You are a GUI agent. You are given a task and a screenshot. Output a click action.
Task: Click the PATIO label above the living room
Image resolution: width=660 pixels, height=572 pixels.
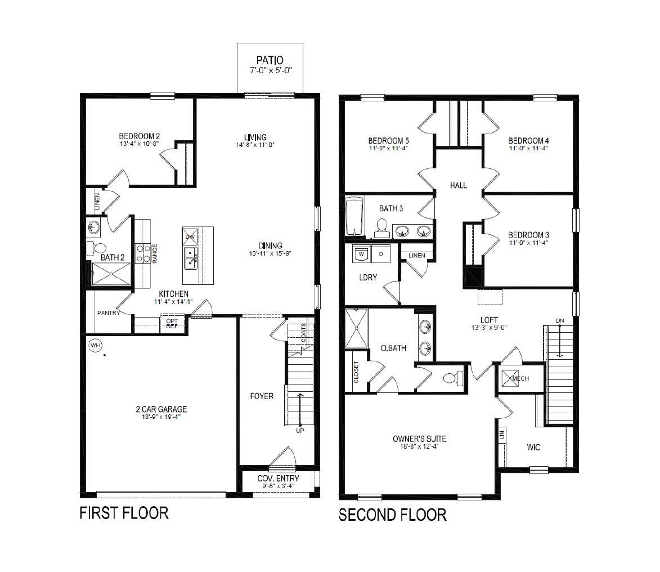click(x=270, y=60)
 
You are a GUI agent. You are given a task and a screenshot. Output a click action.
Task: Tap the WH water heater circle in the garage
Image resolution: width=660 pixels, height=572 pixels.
click(x=96, y=345)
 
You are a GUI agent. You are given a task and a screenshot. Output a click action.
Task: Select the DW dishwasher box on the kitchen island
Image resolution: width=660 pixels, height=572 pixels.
click(x=190, y=236)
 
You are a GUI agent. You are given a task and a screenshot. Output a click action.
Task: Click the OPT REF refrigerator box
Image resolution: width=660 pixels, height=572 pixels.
click(x=172, y=324)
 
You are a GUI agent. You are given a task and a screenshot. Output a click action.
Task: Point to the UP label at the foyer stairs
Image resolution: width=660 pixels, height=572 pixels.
click(x=300, y=431)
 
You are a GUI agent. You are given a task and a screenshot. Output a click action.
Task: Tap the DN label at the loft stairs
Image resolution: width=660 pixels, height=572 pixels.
click(x=559, y=320)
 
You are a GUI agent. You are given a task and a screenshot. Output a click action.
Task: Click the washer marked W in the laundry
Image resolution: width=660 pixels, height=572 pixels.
click(x=361, y=253)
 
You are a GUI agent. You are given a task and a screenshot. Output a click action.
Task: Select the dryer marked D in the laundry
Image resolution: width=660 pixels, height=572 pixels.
click(x=380, y=253)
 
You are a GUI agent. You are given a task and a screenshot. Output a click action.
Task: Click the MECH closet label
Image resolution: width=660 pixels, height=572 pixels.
click(x=520, y=378)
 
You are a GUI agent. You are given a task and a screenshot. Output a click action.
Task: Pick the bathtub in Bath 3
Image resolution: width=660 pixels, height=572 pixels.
click(x=354, y=217)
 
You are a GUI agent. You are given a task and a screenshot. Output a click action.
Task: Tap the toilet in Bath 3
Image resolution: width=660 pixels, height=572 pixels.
click(x=382, y=228)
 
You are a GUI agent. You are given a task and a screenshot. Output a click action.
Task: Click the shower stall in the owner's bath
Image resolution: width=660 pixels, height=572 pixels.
click(x=356, y=328)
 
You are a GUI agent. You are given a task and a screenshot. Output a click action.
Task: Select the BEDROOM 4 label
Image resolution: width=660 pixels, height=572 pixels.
click(x=528, y=141)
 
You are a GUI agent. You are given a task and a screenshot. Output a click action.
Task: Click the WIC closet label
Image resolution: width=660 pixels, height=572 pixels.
click(x=533, y=447)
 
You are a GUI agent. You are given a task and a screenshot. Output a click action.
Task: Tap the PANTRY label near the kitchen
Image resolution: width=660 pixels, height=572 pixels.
click(x=109, y=312)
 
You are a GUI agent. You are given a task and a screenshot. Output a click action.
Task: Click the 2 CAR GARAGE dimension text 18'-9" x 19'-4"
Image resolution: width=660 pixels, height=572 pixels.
click(x=161, y=417)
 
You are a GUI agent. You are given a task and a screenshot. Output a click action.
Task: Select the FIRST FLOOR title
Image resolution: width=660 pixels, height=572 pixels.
click(x=124, y=513)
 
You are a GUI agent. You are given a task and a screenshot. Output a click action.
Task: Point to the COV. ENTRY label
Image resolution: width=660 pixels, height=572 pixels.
click(x=278, y=479)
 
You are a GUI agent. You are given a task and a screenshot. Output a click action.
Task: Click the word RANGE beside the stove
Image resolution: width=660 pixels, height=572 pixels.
click(x=155, y=253)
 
